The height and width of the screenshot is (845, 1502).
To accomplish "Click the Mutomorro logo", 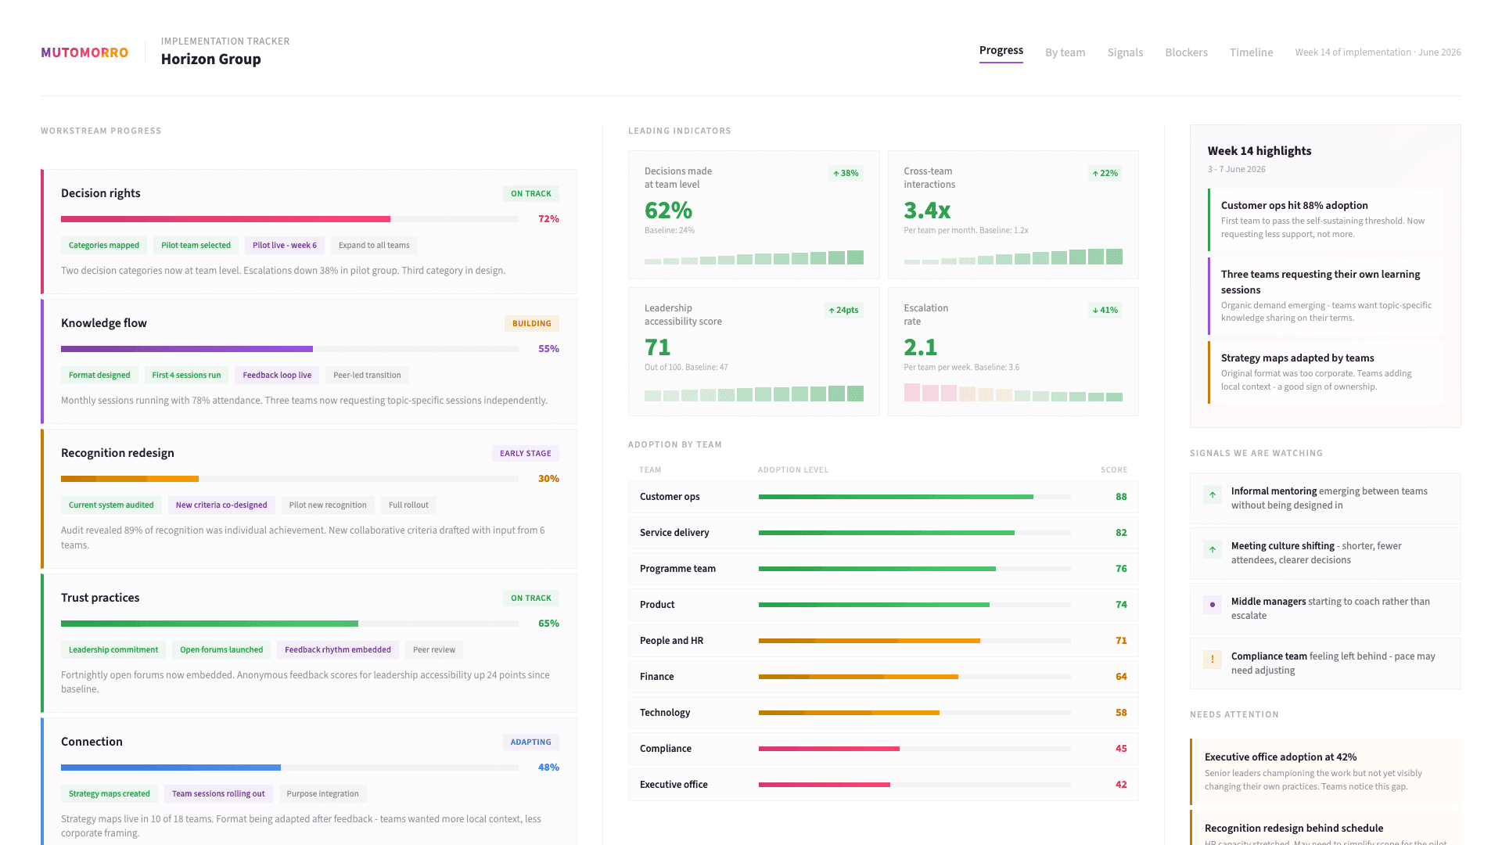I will coord(84,52).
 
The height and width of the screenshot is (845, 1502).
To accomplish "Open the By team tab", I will coord(1065,52).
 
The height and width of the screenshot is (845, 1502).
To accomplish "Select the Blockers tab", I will coord(1186,52).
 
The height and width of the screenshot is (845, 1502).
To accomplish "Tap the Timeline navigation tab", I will coord(1251,52).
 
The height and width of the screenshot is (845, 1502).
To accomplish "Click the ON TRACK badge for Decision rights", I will coord(530,193).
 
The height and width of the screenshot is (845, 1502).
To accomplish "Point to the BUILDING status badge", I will coord(531,323).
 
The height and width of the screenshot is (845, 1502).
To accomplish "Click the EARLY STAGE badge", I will coord(525,453).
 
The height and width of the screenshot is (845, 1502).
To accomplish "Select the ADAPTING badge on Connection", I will coord(530,742).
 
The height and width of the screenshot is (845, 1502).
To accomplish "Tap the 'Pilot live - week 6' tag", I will coord(284,245).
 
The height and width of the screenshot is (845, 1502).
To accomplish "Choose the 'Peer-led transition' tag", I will coord(367,375).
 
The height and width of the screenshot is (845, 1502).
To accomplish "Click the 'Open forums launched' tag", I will coord(221,649).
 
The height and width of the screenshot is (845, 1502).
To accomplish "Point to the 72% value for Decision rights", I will coord(548,219).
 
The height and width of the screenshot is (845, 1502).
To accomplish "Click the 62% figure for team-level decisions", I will coord(668,210).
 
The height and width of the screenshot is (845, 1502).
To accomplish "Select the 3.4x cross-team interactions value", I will coord(927,210).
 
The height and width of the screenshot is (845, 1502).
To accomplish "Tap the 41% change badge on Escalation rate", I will coord(1105,310).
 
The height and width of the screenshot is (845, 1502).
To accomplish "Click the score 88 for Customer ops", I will coord(1121,497).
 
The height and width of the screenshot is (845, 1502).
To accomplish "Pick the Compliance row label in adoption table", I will coord(666,749).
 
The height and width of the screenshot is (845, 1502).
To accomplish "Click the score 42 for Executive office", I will coord(1121,785).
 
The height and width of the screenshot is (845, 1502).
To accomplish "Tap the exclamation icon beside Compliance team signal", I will coord(1212,659).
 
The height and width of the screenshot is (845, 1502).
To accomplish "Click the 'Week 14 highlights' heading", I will coord(1259,151).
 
